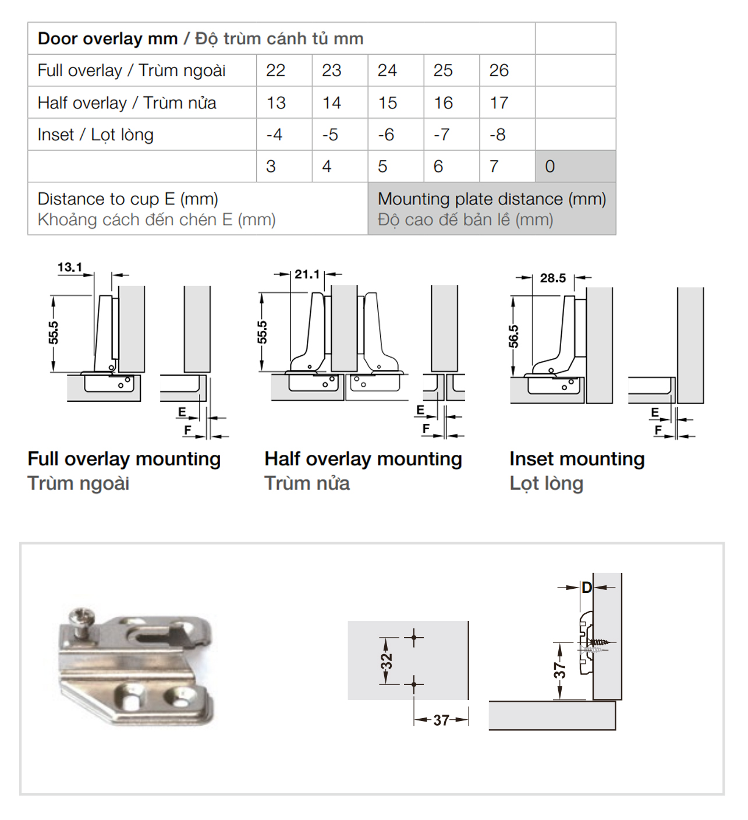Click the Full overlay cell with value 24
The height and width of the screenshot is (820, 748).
coord(387,70)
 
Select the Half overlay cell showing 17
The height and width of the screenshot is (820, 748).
coord(499,103)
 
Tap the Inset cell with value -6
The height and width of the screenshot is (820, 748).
coord(386,135)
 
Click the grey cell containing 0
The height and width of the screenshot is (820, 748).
coord(550,167)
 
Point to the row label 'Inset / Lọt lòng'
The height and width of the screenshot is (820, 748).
coord(95,135)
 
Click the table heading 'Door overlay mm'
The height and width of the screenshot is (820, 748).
coord(108,38)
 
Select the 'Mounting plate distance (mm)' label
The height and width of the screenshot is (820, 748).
coord(492,199)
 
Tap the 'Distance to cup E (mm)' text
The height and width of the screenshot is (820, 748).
coord(127,199)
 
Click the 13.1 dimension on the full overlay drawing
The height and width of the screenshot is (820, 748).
coord(70,267)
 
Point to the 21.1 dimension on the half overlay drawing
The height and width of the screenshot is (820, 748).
coord(307,274)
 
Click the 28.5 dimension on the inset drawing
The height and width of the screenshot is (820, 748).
coord(552,278)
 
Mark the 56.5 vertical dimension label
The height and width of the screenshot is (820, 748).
coord(513,337)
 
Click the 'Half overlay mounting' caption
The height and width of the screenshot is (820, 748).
coord(363,459)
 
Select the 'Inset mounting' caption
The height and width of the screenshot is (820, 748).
coord(577,459)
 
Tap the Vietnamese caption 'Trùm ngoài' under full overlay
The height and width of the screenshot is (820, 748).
coord(79,483)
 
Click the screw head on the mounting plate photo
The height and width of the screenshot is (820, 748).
coord(80,617)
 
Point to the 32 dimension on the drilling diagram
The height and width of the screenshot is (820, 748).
coord(387,661)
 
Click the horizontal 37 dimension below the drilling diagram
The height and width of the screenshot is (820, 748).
coord(441,720)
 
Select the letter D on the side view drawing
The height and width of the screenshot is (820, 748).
coord(587,587)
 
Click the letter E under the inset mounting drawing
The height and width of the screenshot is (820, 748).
coord(655,412)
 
